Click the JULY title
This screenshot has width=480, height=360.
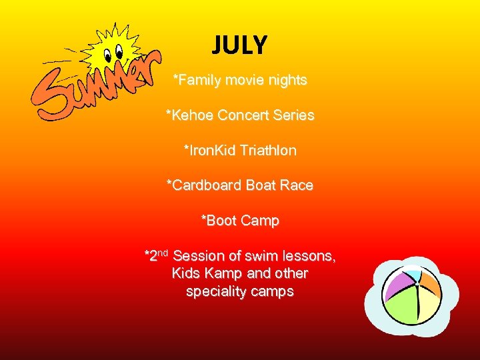click(240, 45)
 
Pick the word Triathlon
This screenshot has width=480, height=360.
click(269, 151)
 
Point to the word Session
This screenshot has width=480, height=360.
click(197, 256)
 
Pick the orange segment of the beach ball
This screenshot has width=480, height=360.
click(429, 287)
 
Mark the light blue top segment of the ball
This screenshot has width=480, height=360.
click(413, 273)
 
